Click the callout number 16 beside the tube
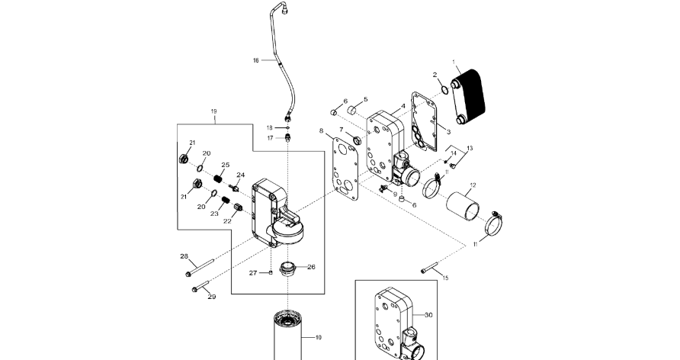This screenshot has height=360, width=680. point(256,60)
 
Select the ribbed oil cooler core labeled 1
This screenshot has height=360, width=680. point(467,99)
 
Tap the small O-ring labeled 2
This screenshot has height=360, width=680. point(445,90)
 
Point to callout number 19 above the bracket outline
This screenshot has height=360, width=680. point(213,111)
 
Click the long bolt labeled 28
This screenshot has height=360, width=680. point(200,267)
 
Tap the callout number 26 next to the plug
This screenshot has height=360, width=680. point(311,267)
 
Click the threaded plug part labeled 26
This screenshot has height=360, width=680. point(287,268)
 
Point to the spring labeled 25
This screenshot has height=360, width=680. point(219,178)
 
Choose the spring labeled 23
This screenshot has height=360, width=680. point(226,201)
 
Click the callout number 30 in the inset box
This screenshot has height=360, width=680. point(428,315)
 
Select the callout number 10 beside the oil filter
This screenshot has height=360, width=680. point(319,337)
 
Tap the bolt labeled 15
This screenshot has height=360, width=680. point(429,268)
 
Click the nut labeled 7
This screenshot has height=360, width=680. point(357,140)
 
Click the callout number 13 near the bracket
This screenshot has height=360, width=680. point(470,148)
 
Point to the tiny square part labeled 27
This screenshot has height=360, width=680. point(271,272)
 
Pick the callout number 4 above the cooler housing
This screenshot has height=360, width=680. point(403,106)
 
